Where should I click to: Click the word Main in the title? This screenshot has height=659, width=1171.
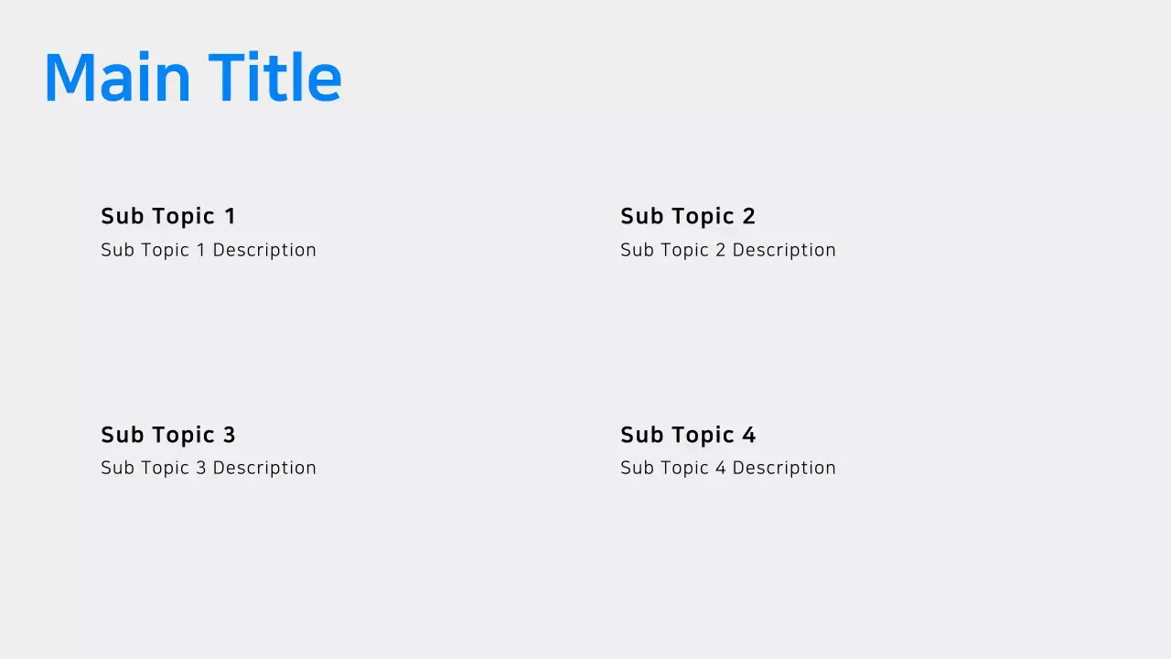pos(116,78)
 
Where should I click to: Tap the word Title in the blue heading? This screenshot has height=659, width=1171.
pos(274,78)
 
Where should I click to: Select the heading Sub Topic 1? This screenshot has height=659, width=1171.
pos(168,216)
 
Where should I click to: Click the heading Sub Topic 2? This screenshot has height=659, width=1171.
pos(688,216)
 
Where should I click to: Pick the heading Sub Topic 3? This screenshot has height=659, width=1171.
pos(168,435)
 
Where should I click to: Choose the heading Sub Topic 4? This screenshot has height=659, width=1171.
pos(688,435)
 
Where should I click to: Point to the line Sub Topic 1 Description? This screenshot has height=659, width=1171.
pos(209,250)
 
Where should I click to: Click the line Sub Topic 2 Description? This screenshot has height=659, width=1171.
pos(728,250)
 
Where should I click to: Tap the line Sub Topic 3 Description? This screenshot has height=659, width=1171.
pos(209,468)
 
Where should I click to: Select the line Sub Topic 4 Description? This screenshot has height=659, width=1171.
pos(728,468)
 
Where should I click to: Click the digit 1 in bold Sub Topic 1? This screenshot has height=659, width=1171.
pos(230,216)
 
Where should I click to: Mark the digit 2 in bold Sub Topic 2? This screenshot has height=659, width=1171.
pos(749,216)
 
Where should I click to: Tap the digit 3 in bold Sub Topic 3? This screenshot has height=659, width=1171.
pos(230,435)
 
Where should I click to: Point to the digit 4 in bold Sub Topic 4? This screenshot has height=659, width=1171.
pos(749,435)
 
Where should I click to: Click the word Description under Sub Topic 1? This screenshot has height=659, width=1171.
pos(264,250)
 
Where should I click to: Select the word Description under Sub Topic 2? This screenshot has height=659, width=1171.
pos(784,250)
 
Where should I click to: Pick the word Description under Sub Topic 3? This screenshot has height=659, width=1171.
pos(264,468)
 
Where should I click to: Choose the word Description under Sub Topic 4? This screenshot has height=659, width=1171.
pos(784,468)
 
